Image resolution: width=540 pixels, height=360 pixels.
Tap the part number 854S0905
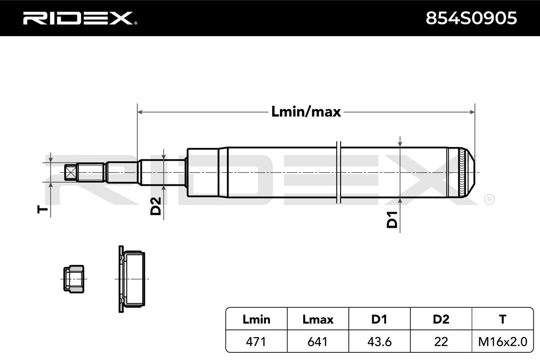pyautogui.click(x=471, y=18)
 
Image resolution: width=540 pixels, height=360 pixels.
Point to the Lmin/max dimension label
pyautogui.click(x=306, y=111)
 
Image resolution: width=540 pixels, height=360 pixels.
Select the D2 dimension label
pyautogui.click(x=155, y=206)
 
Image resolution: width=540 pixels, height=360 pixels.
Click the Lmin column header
pyautogui.click(x=256, y=319)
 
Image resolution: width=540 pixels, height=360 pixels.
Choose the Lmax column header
pyautogui.click(x=318, y=319)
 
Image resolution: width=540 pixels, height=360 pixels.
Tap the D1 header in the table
pyautogui.click(x=379, y=319)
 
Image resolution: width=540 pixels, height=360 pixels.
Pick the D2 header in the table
pyautogui.click(x=441, y=319)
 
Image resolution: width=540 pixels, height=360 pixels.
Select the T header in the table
pyautogui.click(x=502, y=319)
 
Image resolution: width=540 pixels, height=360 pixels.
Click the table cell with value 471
pyautogui.click(x=256, y=342)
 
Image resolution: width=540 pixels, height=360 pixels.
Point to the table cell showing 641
pyautogui.click(x=318, y=342)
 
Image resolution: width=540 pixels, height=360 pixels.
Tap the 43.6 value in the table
pyautogui.click(x=379, y=342)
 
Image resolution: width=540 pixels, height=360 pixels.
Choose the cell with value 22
pyautogui.click(x=441, y=342)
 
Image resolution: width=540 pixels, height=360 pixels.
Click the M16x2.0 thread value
pyautogui.click(x=502, y=342)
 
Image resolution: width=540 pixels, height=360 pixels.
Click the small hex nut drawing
pyautogui.click(x=73, y=279)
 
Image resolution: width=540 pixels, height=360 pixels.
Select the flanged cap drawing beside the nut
pyautogui.click(x=131, y=279)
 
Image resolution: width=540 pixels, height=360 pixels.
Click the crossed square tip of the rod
pyautogui.click(x=70, y=172)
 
